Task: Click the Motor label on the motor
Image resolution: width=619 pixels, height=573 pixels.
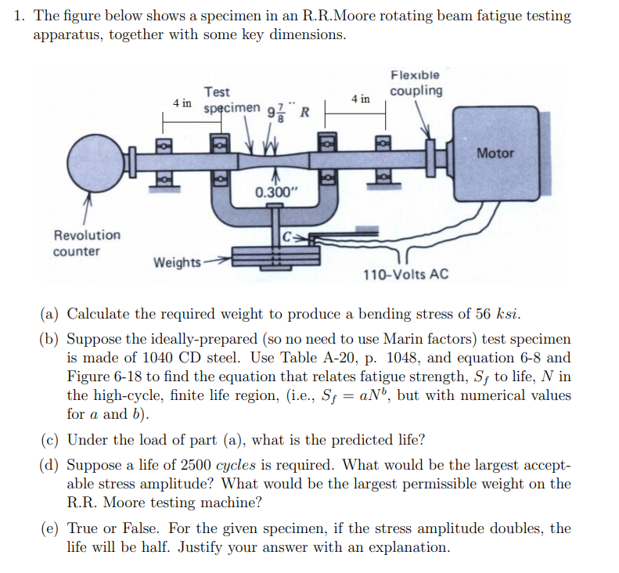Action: pyautogui.click(x=495, y=153)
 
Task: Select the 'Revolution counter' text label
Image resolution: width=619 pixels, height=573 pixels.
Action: pyautogui.click(x=87, y=243)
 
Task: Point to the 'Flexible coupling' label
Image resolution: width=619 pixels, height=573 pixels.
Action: pyautogui.click(x=416, y=83)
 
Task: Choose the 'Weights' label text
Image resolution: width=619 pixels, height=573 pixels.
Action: pyautogui.click(x=177, y=262)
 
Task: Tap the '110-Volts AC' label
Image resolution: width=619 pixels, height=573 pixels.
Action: pyautogui.click(x=406, y=275)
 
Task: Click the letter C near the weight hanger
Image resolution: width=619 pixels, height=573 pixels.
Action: pyautogui.click(x=286, y=235)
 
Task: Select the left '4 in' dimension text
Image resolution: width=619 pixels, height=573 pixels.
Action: pyautogui.click(x=183, y=103)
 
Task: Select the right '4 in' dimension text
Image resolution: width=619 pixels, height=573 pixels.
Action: pyautogui.click(x=362, y=99)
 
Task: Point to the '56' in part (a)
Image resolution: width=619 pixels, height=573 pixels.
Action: pyautogui.click(x=484, y=315)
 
